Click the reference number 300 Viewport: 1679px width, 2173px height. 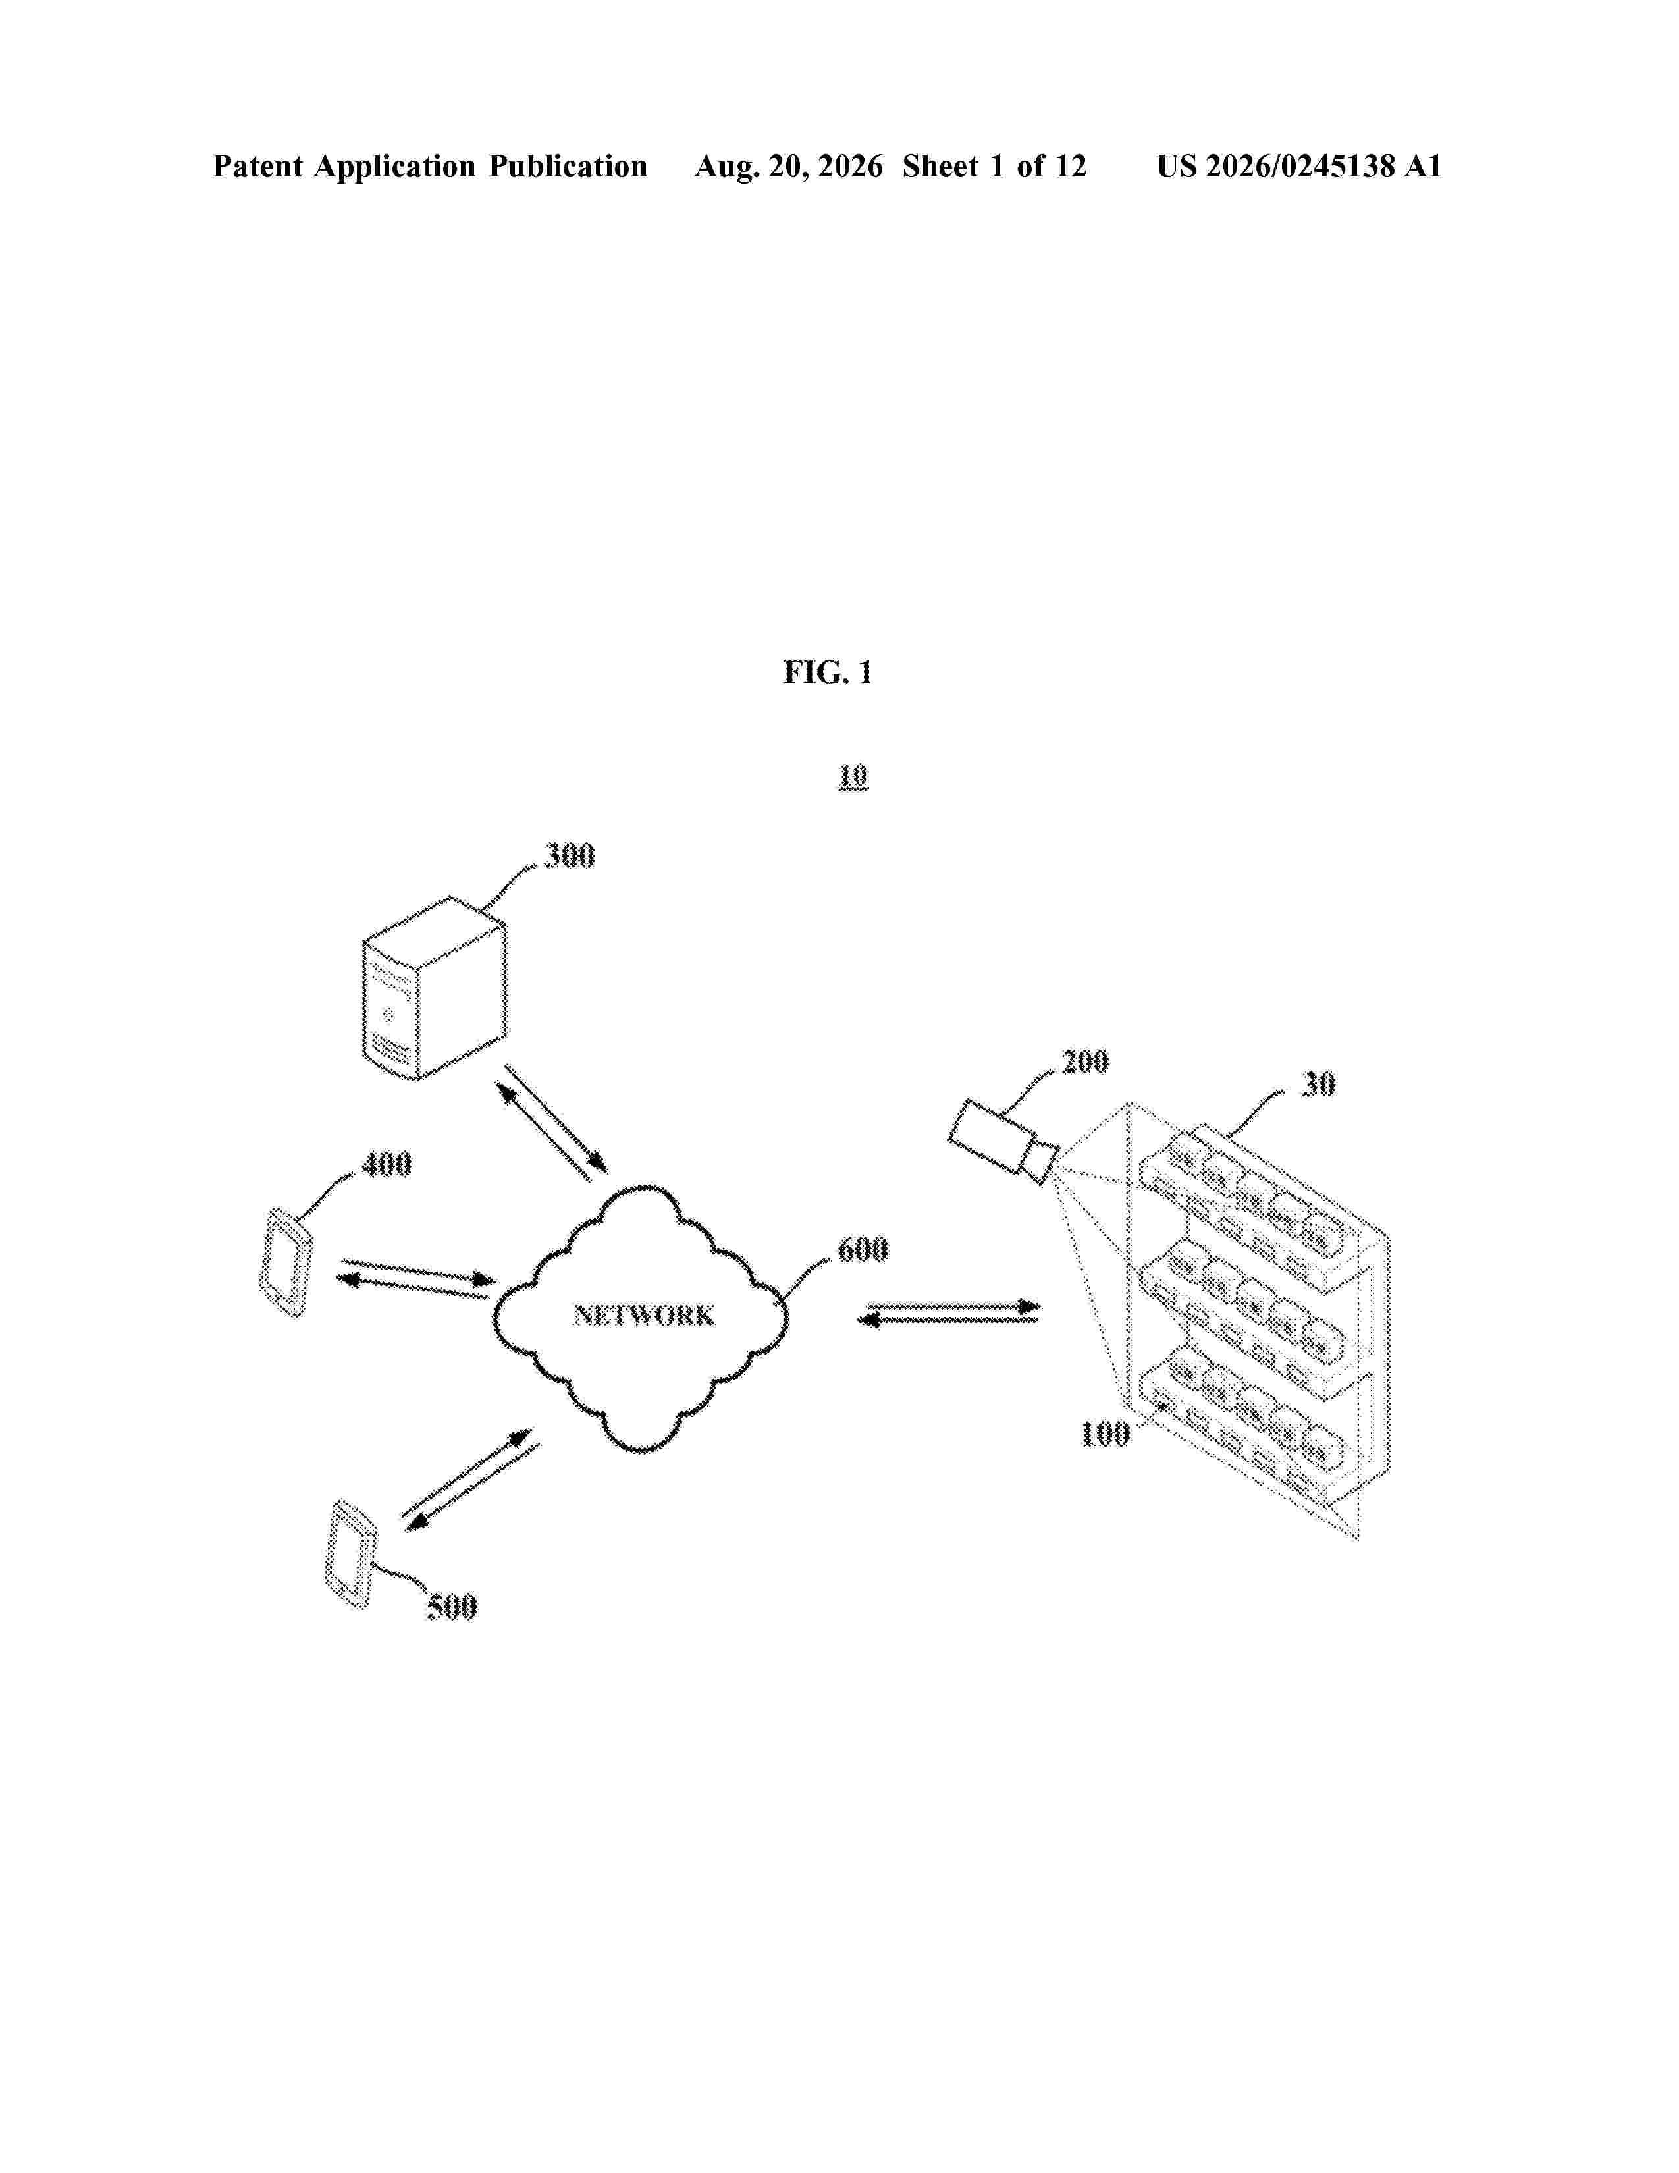pyautogui.click(x=569, y=855)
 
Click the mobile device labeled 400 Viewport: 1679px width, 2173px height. pyautogui.click(x=286, y=1262)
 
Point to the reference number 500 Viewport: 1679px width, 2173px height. pyautogui.click(x=452, y=1606)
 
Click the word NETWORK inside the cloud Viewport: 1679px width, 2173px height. pyautogui.click(x=643, y=1316)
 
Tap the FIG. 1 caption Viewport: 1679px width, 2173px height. pyautogui.click(x=828, y=672)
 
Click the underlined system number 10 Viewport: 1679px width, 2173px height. pyautogui.click(x=853, y=776)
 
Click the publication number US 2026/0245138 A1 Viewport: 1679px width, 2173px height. pyautogui.click(x=1299, y=166)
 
